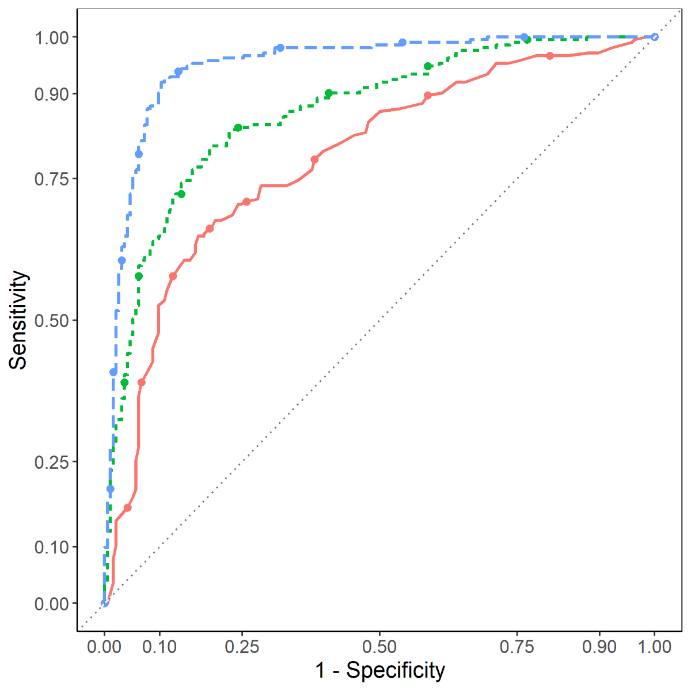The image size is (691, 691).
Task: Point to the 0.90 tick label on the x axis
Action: pos(599,646)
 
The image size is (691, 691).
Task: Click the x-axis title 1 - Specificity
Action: pos(380,671)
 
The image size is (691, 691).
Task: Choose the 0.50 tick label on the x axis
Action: pos(379,646)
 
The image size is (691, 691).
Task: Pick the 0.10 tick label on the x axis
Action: pos(160,646)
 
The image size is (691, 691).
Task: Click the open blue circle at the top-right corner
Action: pos(654,37)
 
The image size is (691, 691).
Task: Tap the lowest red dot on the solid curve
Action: pos(127,507)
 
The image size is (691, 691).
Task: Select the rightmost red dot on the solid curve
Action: pos(550,56)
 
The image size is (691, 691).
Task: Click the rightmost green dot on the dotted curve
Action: pos(527,39)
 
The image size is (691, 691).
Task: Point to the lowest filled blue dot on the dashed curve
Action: pos(110,489)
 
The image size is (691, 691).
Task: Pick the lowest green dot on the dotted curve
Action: pos(124,382)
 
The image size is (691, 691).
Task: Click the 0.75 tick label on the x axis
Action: pos(517,646)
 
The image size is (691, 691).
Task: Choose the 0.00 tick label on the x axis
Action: pos(104,646)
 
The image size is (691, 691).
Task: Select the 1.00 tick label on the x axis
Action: pos(654,646)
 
